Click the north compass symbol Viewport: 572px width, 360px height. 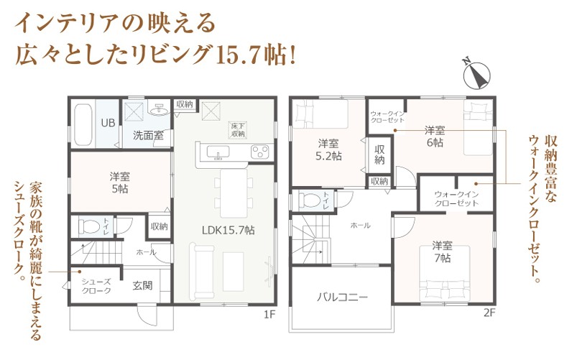476,75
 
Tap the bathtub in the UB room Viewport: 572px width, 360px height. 83,124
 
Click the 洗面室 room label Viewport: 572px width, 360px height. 148,136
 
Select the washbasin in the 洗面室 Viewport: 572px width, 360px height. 160,109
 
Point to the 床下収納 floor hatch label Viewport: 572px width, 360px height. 238,130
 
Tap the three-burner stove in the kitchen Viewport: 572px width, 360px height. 259,152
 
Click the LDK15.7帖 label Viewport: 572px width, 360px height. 229,230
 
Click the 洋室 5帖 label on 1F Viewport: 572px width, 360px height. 119,183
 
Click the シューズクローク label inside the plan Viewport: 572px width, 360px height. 96,286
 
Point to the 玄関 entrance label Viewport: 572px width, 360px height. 142,285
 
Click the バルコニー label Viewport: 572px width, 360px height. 342,297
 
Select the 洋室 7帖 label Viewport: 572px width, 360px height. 443,251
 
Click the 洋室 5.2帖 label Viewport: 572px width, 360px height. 328,149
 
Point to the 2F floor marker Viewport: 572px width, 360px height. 489,313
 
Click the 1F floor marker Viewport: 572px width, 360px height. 269,314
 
